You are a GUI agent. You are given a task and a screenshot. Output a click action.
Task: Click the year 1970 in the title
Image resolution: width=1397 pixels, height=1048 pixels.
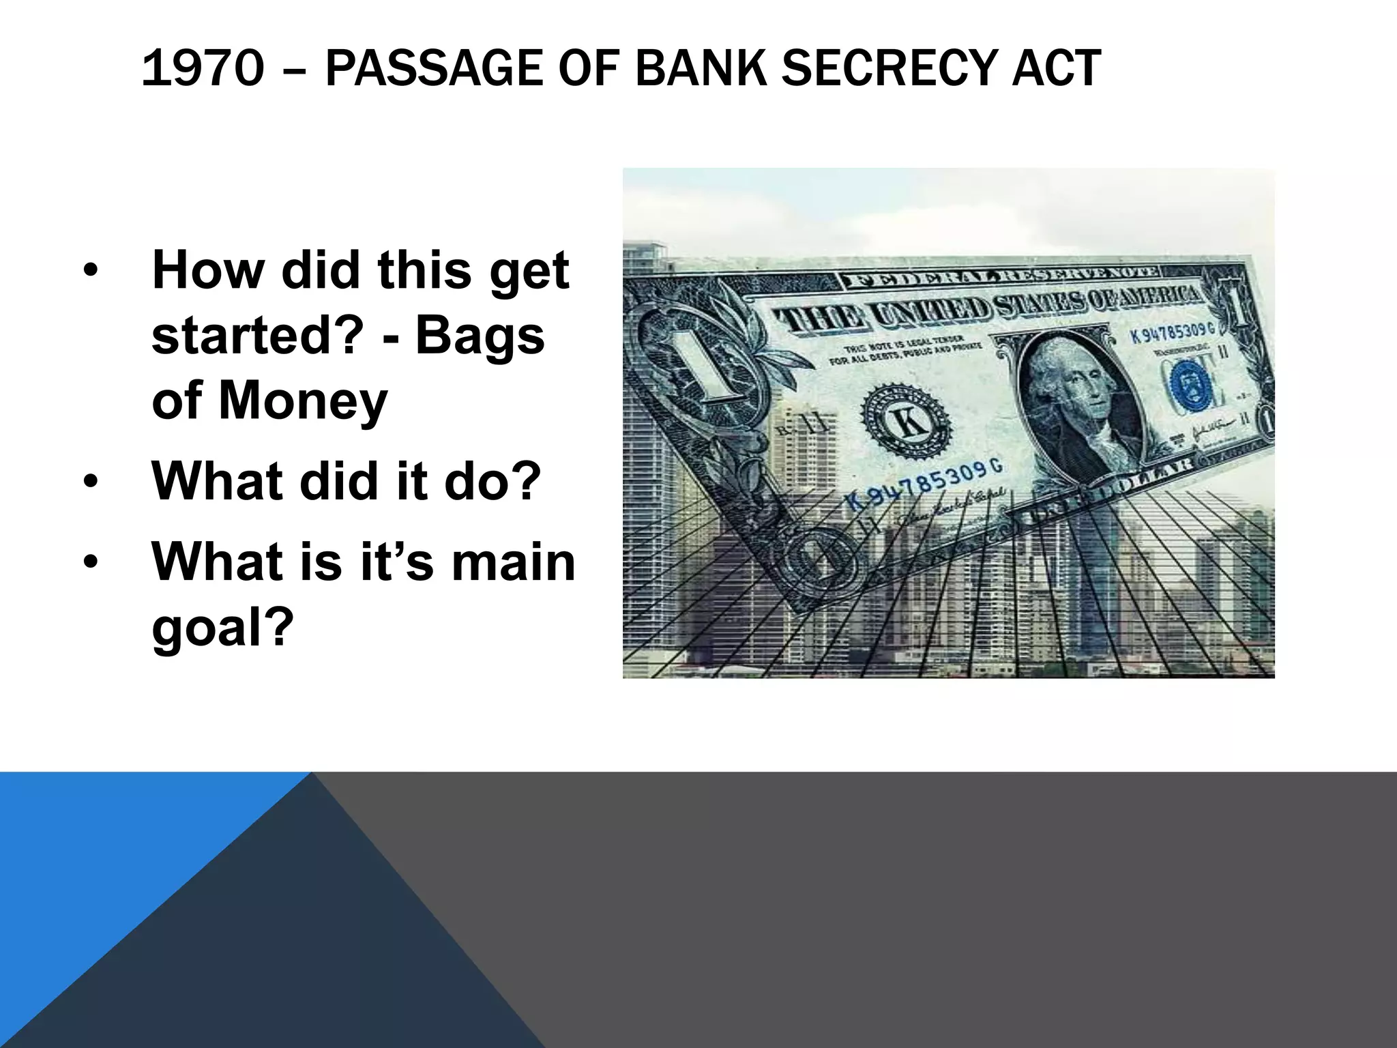click(203, 69)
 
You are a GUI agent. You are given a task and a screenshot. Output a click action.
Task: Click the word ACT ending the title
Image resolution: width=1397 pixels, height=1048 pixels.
click(1055, 69)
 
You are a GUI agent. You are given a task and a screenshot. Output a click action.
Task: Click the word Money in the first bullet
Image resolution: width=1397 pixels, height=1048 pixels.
click(303, 401)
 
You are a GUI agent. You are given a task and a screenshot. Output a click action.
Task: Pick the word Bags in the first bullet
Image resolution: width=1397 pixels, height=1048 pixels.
click(480, 336)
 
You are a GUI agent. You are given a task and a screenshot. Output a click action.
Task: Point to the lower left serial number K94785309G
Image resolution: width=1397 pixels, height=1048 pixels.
click(924, 485)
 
